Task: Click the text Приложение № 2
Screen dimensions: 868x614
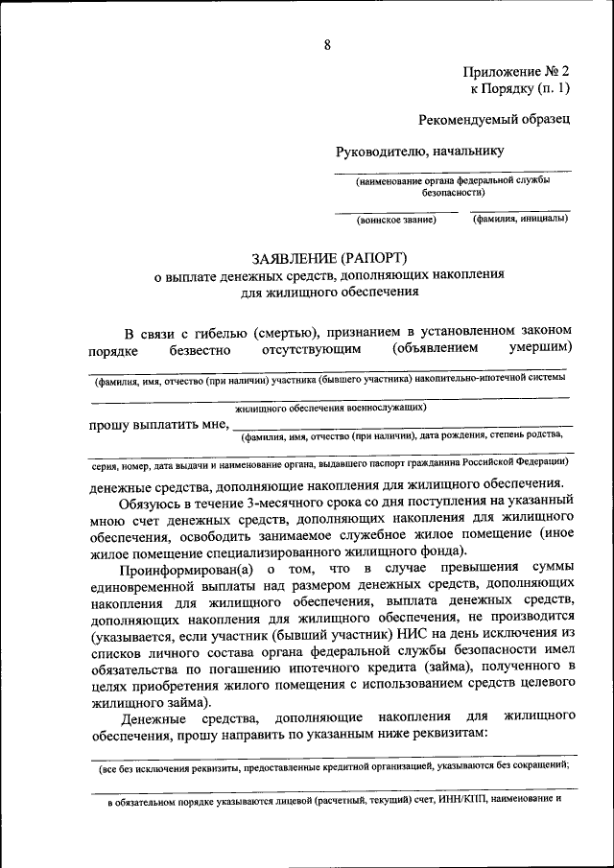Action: coord(516,72)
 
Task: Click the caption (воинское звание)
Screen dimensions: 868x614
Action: coord(396,220)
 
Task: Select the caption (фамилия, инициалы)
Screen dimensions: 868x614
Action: coord(519,219)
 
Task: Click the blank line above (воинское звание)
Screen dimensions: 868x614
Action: coord(396,210)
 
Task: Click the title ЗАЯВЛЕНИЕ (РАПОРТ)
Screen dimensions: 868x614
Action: coord(329,258)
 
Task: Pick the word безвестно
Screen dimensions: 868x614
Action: coord(199,351)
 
